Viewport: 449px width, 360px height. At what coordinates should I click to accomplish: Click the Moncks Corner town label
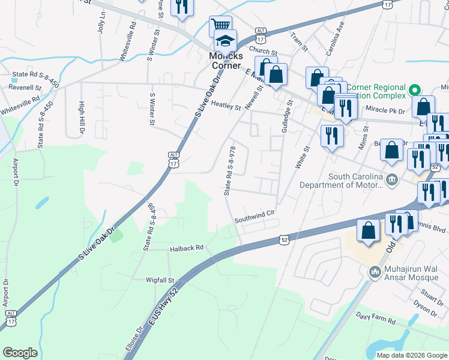point(224,60)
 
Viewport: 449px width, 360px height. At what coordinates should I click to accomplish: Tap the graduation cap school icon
point(225,41)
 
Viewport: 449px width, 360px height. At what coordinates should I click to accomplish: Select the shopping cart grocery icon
point(220,26)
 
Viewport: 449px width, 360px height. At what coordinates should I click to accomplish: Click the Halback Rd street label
point(187,247)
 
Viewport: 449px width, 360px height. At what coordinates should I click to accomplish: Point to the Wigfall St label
point(160,280)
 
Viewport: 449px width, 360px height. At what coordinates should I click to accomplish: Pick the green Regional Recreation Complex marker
point(414,91)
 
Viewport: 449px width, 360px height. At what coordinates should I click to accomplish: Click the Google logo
point(20,353)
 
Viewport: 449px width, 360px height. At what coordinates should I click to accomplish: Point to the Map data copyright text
point(411,355)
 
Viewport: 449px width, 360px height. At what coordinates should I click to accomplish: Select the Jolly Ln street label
point(101,22)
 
